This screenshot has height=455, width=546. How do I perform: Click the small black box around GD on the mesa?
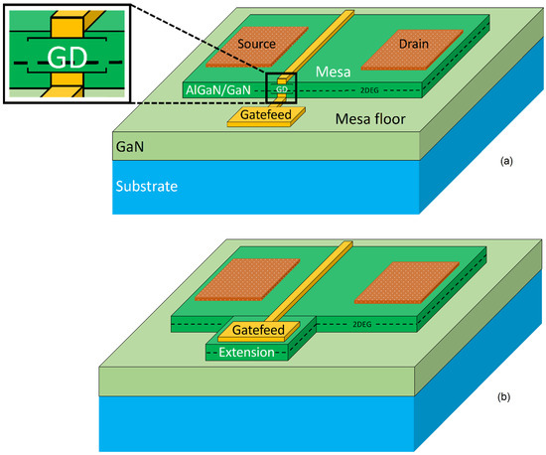pos(282,87)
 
